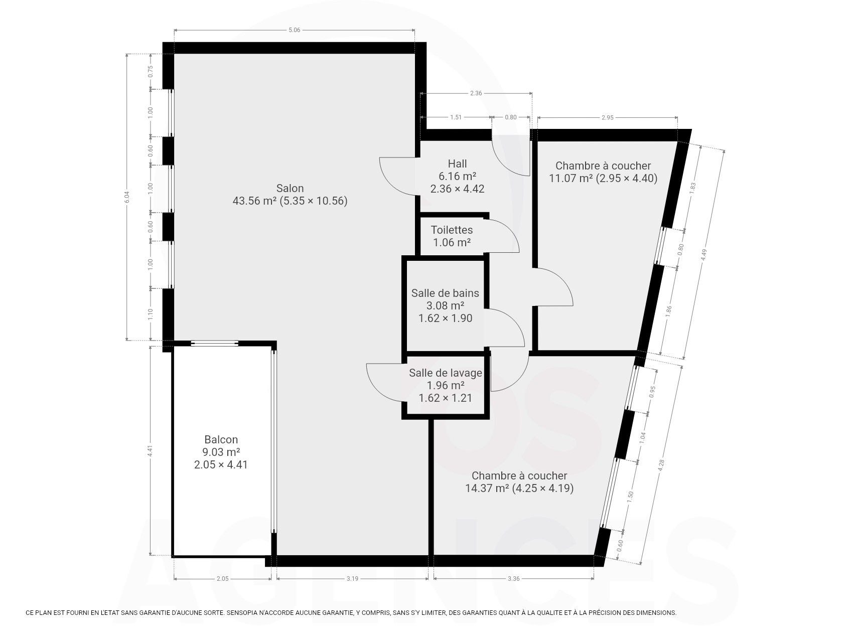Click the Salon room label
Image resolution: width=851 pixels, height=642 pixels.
pos(290,189)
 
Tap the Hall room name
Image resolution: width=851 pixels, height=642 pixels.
pos(457,164)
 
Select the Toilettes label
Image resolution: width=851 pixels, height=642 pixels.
pos(452,230)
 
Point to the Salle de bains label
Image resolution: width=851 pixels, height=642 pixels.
pos(445,293)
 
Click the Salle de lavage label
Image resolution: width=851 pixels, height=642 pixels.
pos(446,373)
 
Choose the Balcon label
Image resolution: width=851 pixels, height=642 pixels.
pos(221,440)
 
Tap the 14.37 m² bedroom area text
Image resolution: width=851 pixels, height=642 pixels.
pos(487,488)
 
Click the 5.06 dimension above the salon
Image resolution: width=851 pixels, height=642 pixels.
pos(294,30)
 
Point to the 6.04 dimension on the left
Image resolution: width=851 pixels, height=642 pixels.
pos(127,197)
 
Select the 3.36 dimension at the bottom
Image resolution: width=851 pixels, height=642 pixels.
pos(513,579)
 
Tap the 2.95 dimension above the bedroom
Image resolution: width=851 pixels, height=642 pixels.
pos(607,118)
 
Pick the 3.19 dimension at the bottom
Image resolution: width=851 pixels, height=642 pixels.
pos(352,579)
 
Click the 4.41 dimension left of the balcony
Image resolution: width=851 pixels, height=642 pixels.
pos(150,451)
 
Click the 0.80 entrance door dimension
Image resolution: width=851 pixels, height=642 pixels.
pos(510,117)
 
